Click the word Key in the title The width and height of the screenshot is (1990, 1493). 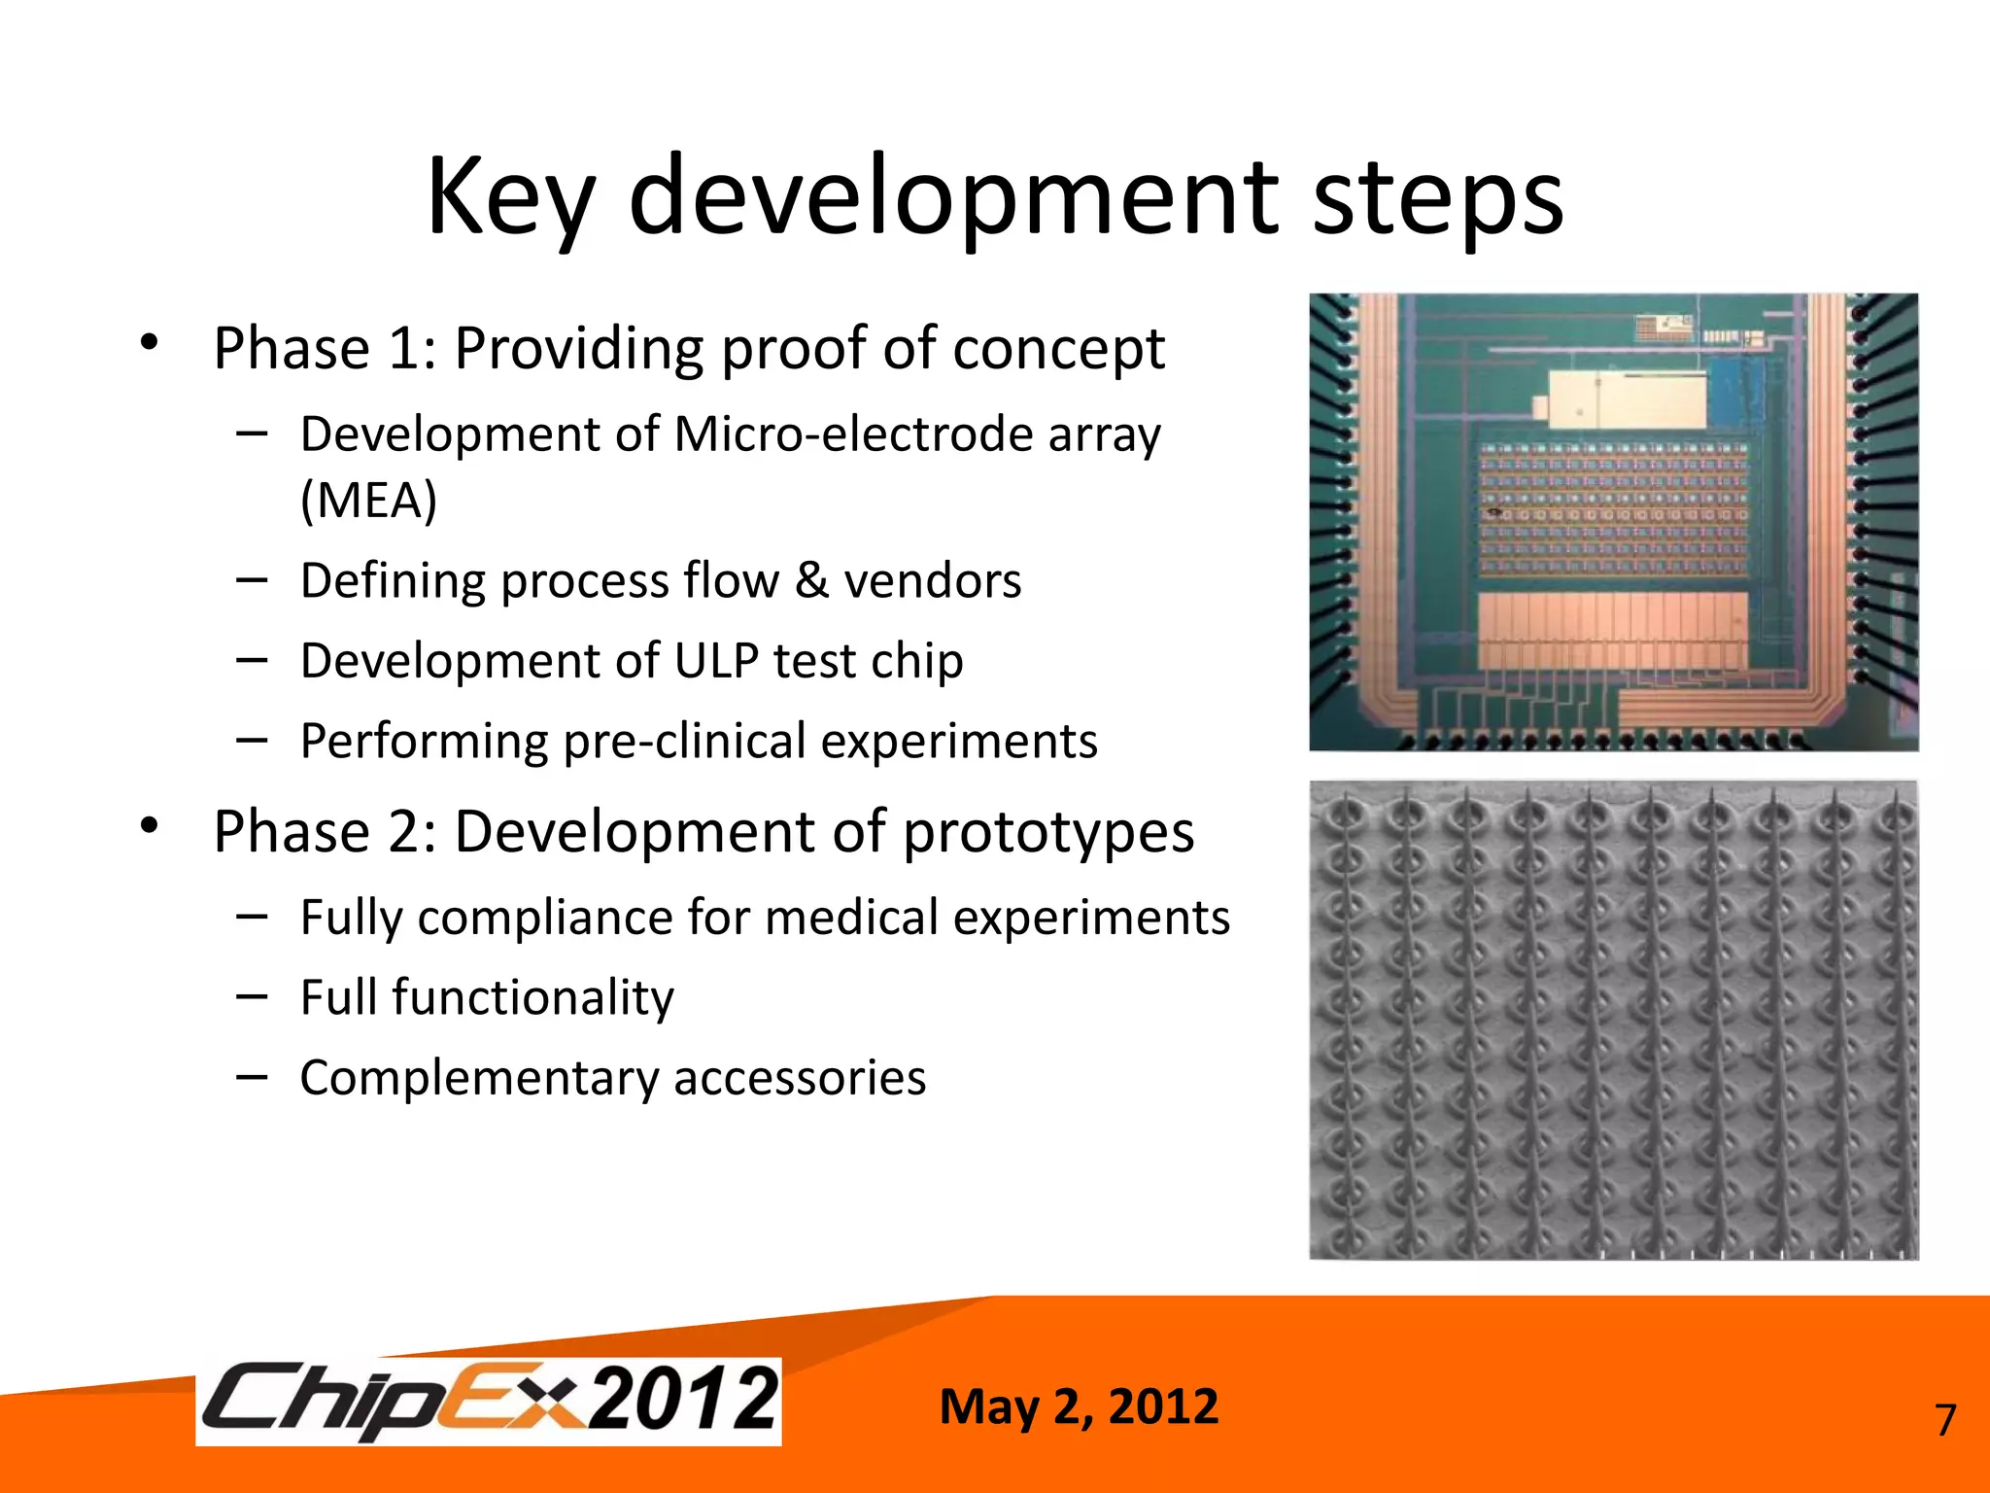click(509, 197)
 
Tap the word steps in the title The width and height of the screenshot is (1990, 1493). click(1438, 197)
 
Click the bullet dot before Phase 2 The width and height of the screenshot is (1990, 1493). click(149, 825)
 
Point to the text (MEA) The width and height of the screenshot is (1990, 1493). click(368, 501)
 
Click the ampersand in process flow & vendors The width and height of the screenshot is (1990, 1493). click(811, 581)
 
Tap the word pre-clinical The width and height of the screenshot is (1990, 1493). click(685, 742)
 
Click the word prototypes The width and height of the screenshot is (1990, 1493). click(1048, 834)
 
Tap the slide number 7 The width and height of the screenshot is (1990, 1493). click(1944, 1421)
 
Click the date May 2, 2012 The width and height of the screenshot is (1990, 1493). click(1079, 1406)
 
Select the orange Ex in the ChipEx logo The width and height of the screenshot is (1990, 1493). click(511, 1400)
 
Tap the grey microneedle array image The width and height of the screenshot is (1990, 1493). click(1613, 1021)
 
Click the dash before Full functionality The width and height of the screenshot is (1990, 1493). click(252, 996)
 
